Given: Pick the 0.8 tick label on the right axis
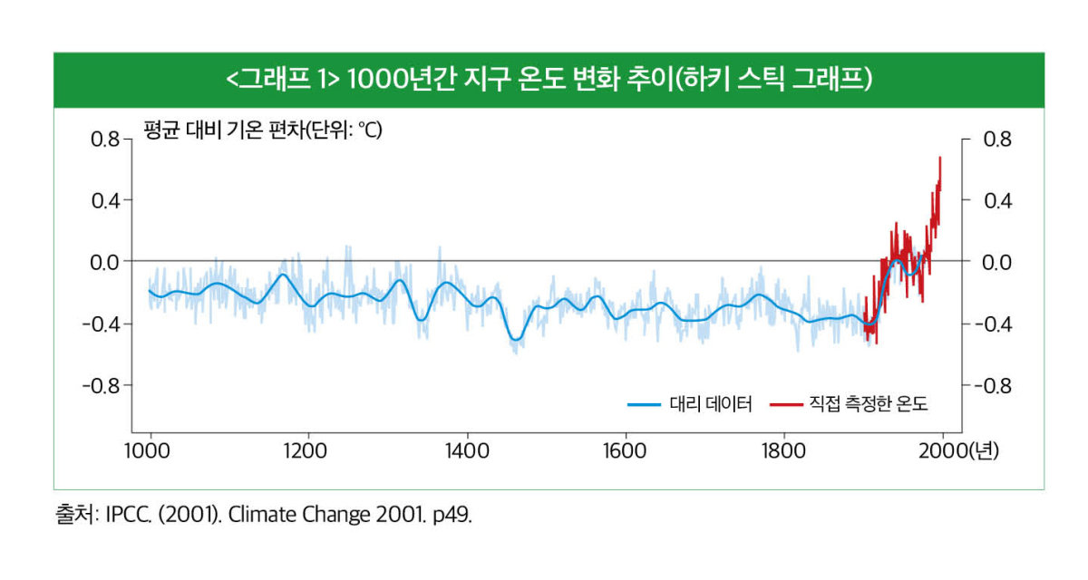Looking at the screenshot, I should click(996, 139).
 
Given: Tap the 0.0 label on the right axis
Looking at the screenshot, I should click(996, 262).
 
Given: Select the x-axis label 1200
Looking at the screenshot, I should click(308, 451).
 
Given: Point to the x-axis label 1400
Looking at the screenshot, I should click(467, 451).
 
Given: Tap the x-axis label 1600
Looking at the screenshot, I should click(626, 451).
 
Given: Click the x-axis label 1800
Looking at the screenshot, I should click(784, 451).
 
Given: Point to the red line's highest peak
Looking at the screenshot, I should click(940, 158).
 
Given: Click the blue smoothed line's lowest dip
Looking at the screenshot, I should click(515, 339).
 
